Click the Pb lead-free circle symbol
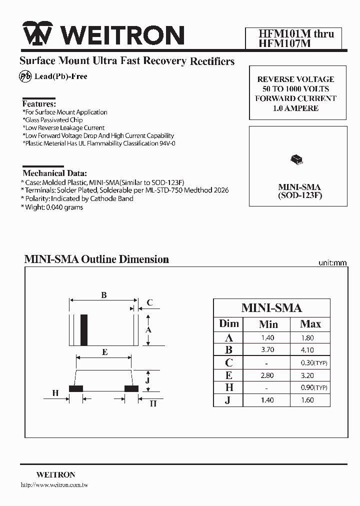25,76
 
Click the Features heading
39,104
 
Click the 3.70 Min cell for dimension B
267,350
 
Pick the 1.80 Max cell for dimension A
307,338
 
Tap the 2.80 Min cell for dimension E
267,375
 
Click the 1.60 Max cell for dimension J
307,400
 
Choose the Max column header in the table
310,324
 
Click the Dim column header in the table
229,324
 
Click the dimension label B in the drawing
104,295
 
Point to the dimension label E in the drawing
104,352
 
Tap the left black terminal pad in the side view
75,388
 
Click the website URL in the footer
54,485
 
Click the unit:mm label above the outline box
332,262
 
